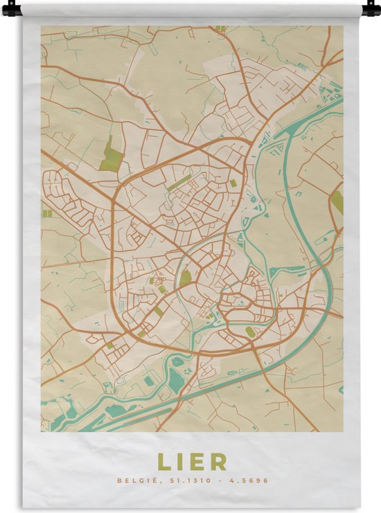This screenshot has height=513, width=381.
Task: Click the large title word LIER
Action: (x=191, y=461)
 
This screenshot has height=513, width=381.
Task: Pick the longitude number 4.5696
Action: (x=251, y=480)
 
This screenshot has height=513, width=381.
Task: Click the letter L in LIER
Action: (x=163, y=461)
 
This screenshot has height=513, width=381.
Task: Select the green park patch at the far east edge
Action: (x=337, y=201)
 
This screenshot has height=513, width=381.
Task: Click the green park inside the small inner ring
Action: (x=186, y=279)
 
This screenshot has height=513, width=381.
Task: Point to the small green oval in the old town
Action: (x=249, y=332)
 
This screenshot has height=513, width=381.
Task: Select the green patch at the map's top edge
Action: (x=221, y=29)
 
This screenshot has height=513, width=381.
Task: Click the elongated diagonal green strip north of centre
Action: (x=179, y=183)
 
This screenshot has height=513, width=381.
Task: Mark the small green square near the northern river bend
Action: (x=233, y=183)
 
